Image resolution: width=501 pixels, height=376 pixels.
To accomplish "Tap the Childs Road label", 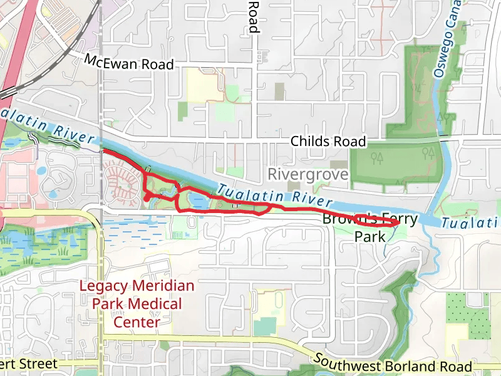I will point(328,142).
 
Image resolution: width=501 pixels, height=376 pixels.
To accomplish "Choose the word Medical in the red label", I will point(155,305).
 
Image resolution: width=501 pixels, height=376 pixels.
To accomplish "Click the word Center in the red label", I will point(136,322).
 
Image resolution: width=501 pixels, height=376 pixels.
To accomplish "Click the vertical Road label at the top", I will point(253,16).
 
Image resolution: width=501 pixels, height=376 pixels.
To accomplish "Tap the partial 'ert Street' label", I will point(29,363).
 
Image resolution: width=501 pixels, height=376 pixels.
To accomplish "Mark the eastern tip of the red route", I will point(399,222).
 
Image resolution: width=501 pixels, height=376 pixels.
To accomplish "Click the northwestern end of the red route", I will point(103,152).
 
